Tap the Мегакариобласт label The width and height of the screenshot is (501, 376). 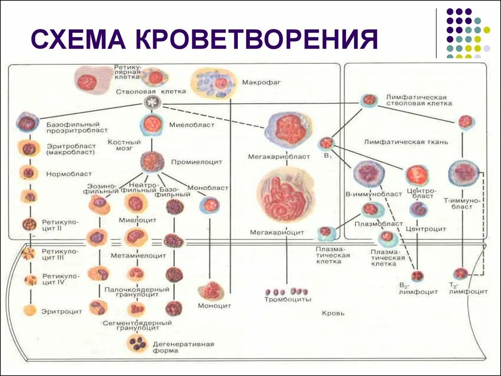pos(279,157)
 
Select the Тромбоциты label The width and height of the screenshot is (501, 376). pos(288,299)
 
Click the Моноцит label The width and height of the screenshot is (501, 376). pos(214,305)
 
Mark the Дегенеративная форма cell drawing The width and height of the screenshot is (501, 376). pos(137,343)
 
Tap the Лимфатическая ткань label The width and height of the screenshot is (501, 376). pos(406,142)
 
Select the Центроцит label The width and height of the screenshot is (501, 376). pos(426,228)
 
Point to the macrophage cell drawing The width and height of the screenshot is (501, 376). pos(214,83)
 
